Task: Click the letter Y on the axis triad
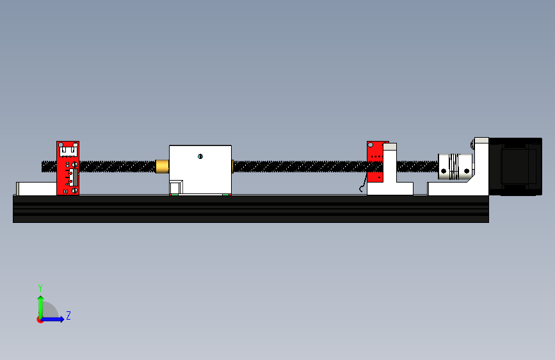(x=40, y=288)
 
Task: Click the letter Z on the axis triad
(x=68, y=315)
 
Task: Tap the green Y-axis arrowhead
(x=41, y=299)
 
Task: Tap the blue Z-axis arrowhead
(x=61, y=319)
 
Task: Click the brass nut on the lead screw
(x=162, y=166)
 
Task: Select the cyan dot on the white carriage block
(x=200, y=156)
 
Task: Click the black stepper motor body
(x=515, y=167)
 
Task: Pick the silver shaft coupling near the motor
(x=455, y=167)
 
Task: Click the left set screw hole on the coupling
(x=444, y=171)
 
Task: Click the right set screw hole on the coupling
(x=467, y=171)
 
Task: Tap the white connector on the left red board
(x=68, y=151)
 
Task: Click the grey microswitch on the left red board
(x=74, y=177)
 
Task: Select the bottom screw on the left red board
(x=75, y=191)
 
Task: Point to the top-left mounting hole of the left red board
(x=61, y=145)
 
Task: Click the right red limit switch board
(x=376, y=161)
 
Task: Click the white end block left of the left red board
(x=36, y=188)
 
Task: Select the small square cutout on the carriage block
(x=176, y=187)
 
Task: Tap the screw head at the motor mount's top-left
(x=472, y=144)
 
